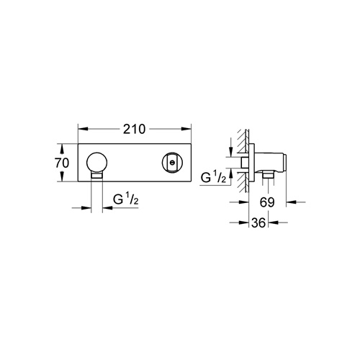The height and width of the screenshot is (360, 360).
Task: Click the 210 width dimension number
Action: pyautogui.click(x=135, y=130)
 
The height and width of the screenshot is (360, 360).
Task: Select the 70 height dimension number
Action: pyautogui.click(x=62, y=163)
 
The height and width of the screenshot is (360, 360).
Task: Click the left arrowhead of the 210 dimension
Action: pyautogui.click(x=80, y=130)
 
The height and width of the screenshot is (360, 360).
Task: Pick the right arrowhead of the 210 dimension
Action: pyautogui.click(x=189, y=130)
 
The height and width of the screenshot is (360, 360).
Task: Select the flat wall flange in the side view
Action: pyautogui.click(x=252, y=163)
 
